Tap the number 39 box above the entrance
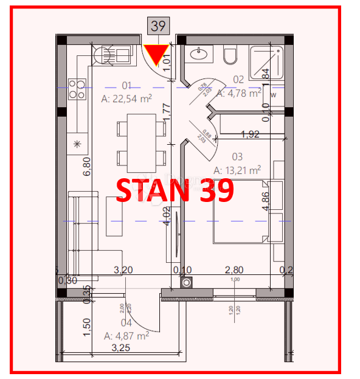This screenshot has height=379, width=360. click(158, 26)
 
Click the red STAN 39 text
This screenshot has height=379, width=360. click(175, 191)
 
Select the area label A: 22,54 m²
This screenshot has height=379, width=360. click(126, 99)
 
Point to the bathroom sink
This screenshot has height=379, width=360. click(198, 54)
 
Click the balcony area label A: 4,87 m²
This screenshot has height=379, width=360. click(126, 335)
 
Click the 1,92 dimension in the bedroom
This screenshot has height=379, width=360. click(251, 134)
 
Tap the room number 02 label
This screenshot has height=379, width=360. click(238, 79)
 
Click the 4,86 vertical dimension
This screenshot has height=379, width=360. click(265, 201)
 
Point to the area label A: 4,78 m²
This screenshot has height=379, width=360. click(239, 93)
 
